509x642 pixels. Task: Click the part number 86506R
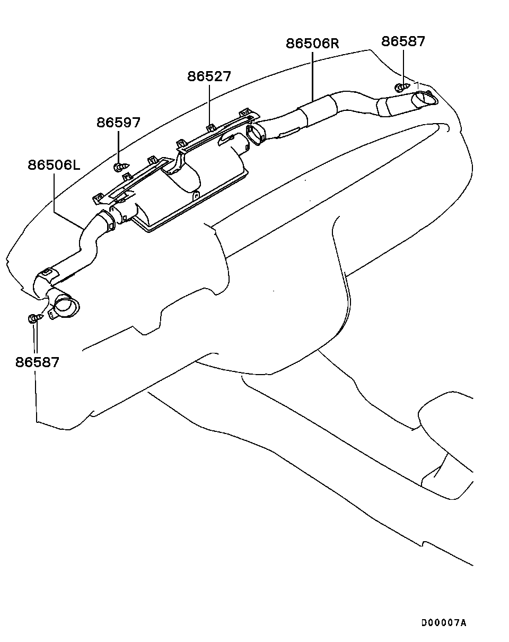click(x=312, y=42)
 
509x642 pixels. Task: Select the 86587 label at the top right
click(x=403, y=41)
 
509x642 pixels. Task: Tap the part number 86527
click(x=209, y=76)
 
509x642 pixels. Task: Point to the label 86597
click(x=118, y=123)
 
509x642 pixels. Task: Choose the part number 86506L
click(x=54, y=164)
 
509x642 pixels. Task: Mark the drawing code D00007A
click(x=444, y=623)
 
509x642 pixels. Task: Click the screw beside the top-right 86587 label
click(x=402, y=86)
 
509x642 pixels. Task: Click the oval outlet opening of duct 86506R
click(x=426, y=98)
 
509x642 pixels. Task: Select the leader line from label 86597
click(x=118, y=146)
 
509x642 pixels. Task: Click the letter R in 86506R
click(x=333, y=42)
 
